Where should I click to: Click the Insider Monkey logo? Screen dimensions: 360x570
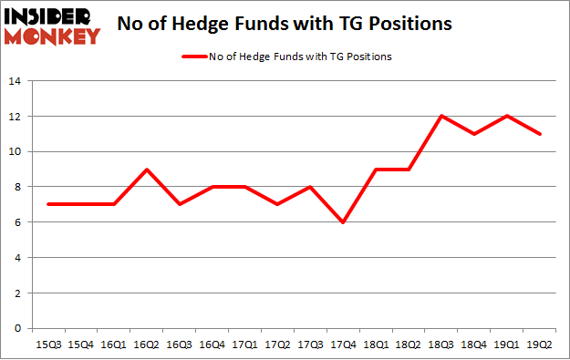51,26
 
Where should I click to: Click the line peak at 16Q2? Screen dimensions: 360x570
148,169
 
